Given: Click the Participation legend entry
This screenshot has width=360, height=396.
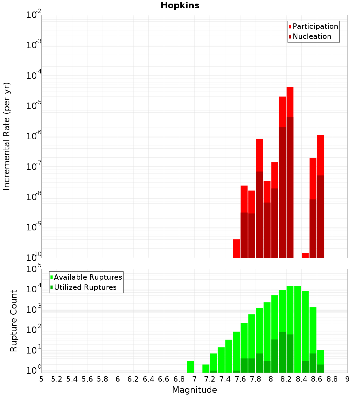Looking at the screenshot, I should [315, 26].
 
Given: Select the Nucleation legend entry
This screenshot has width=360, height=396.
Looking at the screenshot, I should [311, 36].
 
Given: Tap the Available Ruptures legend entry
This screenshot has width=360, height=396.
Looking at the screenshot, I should [87, 277].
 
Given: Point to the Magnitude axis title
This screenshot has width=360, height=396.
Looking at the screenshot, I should [194, 390].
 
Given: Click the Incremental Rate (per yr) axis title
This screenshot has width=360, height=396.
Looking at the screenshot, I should [7, 136].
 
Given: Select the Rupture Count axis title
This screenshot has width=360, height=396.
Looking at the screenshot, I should [14, 321].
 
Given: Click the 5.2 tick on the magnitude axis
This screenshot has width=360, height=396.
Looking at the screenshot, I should [57, 379].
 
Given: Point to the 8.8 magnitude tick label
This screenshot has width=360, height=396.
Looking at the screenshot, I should [332, 379].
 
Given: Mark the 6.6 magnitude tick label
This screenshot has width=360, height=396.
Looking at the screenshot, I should [164, 379].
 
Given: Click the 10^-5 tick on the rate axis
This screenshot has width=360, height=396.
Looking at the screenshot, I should [33, 106].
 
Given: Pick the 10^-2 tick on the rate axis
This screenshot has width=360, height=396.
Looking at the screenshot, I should [33, 15].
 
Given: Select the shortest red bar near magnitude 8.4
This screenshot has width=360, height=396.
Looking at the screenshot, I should [305, 255].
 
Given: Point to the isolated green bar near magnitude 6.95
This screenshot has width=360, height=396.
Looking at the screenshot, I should [191, 367].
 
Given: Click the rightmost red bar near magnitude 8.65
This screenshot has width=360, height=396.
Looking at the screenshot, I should [321, 155].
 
